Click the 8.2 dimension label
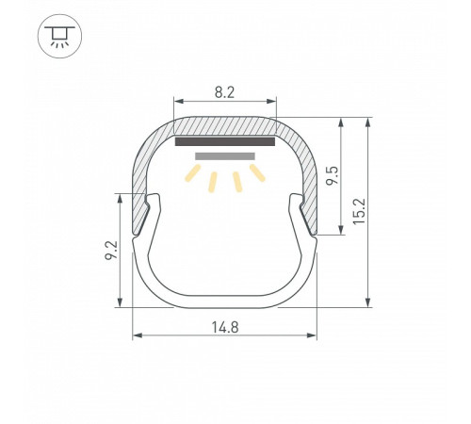coord(224,92)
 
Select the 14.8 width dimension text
coord(225,327)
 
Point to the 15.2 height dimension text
coord(360,211)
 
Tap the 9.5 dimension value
coord(333,175)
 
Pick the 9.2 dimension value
coord(111,250)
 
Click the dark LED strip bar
coord(225,141)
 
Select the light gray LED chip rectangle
coord(225,156)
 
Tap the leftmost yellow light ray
coord(192,173)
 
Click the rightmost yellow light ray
coord(257,172)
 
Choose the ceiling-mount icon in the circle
coord(59,36)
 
